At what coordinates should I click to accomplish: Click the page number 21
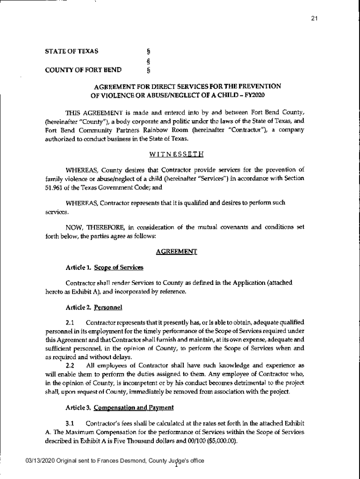pos(315,19)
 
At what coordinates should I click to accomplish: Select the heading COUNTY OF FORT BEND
pos(83,71)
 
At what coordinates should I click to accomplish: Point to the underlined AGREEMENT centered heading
pos(176,252)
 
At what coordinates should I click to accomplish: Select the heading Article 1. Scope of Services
pos(104,268)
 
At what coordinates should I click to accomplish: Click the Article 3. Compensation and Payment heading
pos(120,407)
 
